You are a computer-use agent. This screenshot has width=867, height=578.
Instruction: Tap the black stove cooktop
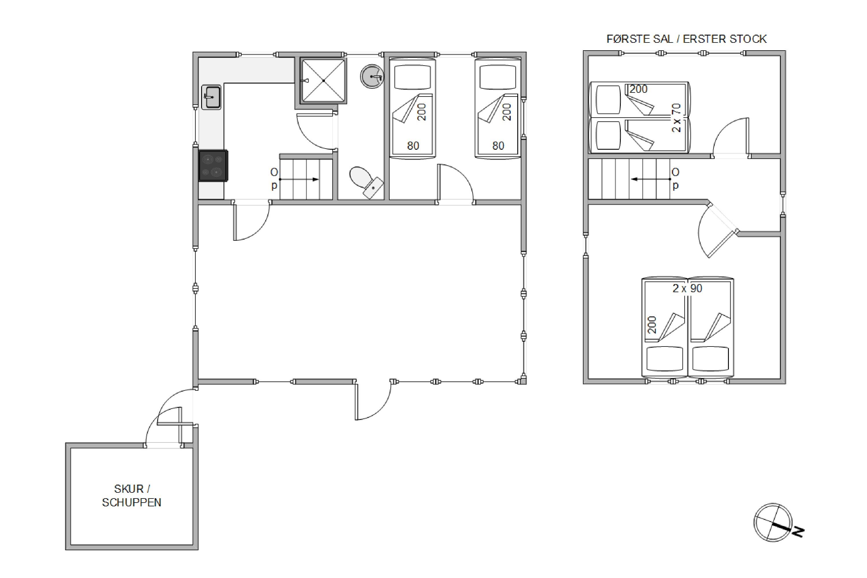213,166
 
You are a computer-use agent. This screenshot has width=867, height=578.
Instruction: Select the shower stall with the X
323,80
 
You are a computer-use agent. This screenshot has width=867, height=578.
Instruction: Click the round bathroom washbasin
372,76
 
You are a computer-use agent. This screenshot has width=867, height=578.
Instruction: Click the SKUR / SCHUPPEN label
131,495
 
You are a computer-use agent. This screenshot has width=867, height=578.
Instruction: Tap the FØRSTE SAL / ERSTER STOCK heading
686,39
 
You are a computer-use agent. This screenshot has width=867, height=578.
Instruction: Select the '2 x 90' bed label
687,288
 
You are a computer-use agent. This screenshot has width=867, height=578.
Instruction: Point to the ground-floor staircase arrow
299,179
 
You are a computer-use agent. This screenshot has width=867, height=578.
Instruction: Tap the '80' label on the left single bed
413,146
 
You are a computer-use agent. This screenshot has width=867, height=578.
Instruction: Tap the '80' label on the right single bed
498,146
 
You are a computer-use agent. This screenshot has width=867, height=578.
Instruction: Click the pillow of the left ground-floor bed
412,77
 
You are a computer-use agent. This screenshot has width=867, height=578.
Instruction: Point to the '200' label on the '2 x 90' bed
652,325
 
